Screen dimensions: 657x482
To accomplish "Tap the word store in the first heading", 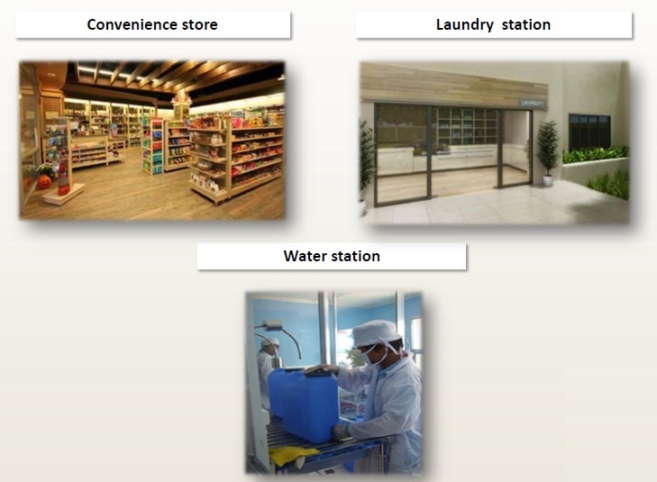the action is (200, 24).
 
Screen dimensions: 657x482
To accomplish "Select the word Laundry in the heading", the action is (465, 25).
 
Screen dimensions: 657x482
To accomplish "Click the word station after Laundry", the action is (525, 24).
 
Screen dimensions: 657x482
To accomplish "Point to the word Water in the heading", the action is (304, 256).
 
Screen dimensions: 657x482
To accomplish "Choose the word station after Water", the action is (355, 256).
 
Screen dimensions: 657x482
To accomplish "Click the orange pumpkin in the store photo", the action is (45, 182).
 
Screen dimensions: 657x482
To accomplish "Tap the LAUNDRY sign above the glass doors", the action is (532, 103).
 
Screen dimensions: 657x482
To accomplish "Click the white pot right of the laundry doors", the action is (548, 180).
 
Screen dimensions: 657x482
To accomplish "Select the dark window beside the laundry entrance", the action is (589, 132).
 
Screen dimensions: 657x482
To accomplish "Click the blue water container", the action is (304, 405).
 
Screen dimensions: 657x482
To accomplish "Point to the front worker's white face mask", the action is (372, 357).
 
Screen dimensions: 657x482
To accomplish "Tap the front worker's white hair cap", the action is (376, 332).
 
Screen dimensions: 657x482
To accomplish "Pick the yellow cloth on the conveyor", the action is (293, 456).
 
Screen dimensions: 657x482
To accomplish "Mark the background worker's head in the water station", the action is (269, 345).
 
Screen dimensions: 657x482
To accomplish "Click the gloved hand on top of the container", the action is (322, 369).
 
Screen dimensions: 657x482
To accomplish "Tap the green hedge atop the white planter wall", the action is (595, 154).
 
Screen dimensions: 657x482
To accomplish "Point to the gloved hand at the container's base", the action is (341, 432).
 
